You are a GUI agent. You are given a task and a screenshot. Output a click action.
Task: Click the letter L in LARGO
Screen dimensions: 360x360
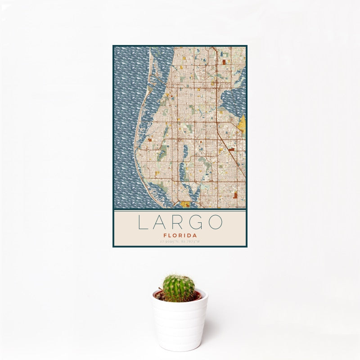point(142,223)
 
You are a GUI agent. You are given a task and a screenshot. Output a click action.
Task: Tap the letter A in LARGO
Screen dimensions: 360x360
point(161,223)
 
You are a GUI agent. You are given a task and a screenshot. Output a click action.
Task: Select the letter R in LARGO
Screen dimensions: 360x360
point(179,223)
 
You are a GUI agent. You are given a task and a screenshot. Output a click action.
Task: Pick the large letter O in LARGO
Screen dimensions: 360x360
point(216,223)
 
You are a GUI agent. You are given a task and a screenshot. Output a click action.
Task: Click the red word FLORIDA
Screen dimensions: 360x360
point(180,235)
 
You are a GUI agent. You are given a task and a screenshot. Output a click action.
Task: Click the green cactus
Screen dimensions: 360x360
point(178,288)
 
